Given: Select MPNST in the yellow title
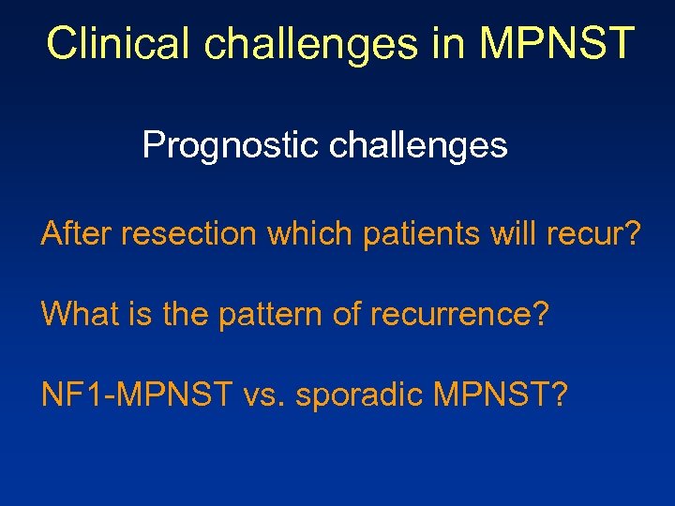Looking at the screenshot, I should [556, 43].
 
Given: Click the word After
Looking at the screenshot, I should [75, 234].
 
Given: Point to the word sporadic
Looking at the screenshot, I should [360, 394].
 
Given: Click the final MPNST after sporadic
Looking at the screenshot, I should [493, 394].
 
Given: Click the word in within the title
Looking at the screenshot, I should [446, 43].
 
